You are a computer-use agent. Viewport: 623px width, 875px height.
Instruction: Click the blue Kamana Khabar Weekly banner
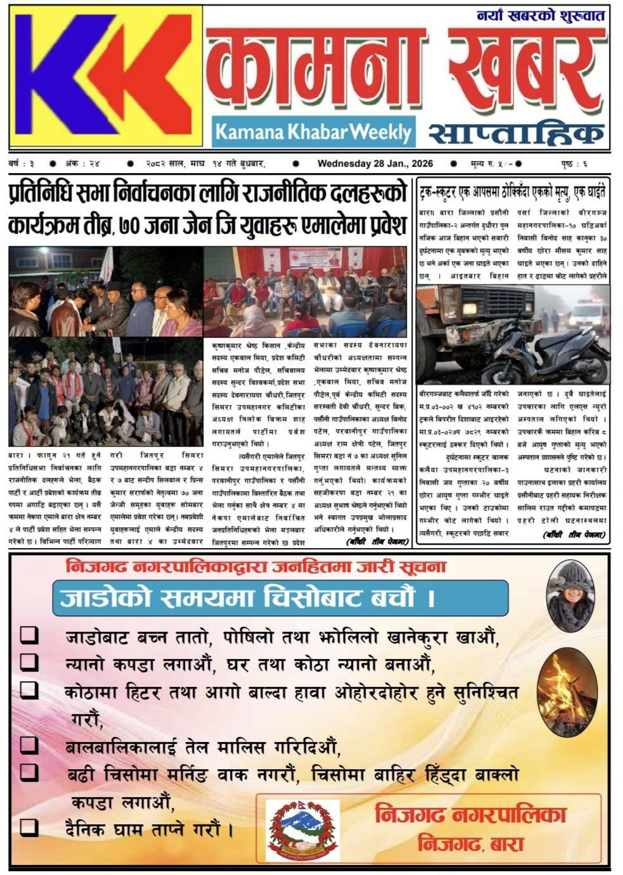point(313,132)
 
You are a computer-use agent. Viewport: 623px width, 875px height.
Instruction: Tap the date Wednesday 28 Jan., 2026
point(375,163)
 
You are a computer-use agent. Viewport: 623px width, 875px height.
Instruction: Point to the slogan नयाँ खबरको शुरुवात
point(541,15)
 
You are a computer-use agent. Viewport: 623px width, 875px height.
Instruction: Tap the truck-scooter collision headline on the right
point(512,191)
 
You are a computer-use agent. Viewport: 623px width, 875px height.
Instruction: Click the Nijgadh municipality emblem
point(302,830)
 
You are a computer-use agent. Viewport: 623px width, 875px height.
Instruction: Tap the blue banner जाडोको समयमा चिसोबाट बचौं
point(280,598)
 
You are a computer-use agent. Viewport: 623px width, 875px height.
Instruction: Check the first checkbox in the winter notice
point(29,635)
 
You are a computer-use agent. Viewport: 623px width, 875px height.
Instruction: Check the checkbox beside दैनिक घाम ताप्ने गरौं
point(29,827)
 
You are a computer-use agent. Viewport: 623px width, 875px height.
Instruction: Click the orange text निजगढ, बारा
point(470,844)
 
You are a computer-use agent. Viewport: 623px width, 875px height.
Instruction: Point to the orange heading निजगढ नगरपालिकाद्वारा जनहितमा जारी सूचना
point(256,566)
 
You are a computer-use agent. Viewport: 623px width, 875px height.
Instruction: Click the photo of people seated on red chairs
point(305,291)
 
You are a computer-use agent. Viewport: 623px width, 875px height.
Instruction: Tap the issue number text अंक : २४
point(82,163)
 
